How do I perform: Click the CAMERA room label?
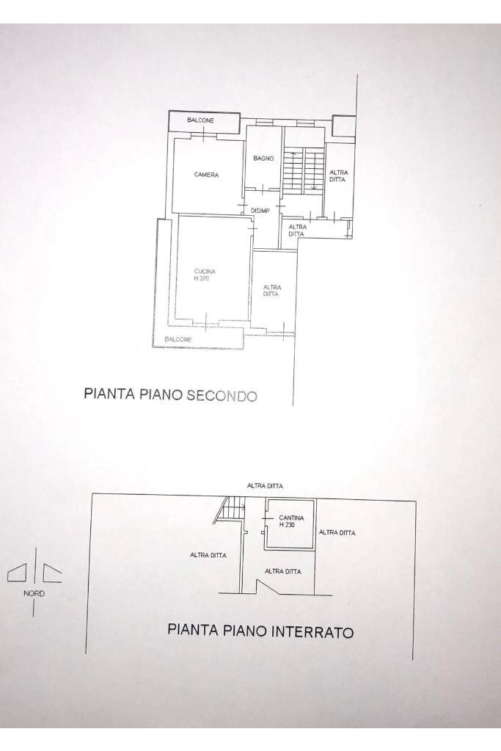206,175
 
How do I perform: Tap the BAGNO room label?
263,159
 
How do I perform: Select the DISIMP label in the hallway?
260,211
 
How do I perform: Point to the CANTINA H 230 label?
291,521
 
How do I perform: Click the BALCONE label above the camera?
200,120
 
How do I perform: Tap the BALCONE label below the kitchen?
178,339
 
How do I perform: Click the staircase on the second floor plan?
304,170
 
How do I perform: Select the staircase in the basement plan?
234,507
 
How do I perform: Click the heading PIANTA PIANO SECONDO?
171,394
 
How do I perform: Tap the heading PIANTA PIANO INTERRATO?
260,631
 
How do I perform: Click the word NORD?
34,593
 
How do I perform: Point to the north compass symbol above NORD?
34,572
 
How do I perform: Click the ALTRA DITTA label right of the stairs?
338,175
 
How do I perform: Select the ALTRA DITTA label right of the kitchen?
271,291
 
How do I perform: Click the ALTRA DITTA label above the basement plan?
265,486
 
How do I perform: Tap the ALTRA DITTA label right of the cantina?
337,533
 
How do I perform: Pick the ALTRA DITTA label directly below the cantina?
283,571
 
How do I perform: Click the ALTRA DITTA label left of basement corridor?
208,555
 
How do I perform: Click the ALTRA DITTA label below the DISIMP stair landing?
297,230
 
